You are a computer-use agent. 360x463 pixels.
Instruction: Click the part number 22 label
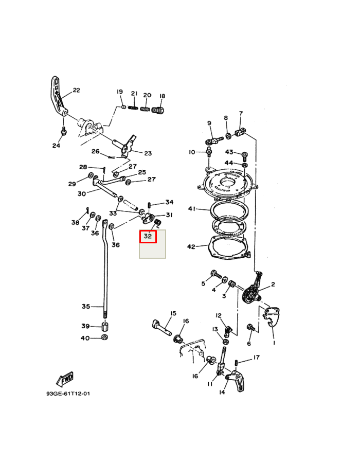click(76, 91)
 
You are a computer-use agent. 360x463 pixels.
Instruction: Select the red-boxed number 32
click(148, 237)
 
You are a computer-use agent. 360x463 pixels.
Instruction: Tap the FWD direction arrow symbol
click(65, 379)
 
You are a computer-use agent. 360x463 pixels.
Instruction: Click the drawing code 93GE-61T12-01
click(68, 394)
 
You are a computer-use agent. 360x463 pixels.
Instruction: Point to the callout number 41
click(192, 209)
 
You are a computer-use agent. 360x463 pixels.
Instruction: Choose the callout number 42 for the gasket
click(191, 247)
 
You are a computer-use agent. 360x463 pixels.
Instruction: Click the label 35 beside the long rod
click(85, 307)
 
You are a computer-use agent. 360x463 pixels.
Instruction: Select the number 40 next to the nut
click(85, 339)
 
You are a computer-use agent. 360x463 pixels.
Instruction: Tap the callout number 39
click(85, 326)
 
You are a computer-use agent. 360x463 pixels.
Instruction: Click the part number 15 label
click(173, 313)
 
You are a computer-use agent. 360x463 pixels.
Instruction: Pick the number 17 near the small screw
click(256, 358)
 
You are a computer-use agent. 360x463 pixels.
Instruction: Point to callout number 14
click(222, 393)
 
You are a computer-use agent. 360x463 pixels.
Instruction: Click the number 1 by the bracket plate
click(274, 343)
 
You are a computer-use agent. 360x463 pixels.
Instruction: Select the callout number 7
click(240, 113)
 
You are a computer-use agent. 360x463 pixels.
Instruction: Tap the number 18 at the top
click(162, 96)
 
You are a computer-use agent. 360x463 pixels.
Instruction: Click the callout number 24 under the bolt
click(56, 146)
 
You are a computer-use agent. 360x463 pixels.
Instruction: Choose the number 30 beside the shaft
click(82, 194)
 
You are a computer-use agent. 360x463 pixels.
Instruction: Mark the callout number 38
click(75, 223)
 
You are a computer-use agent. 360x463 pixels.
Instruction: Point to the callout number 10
click(192, 152)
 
